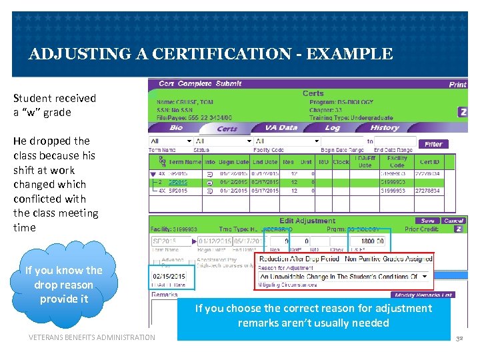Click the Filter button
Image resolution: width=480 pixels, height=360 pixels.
(x=433, y=143)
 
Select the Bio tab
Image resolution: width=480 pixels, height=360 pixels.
(x=176, y=127)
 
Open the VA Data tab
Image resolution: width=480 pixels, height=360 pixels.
(x=281, y=127)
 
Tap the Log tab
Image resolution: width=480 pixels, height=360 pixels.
(x=332, y=127)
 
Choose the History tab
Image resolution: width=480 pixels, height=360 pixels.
(x=385, y=127)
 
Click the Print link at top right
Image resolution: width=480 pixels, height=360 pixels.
(x=457, y=85)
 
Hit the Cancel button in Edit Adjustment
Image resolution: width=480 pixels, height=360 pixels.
(x=453, y=221)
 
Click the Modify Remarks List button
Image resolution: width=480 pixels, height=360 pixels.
(x=423, y=295)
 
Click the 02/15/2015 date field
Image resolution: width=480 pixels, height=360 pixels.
(x=169, y=276)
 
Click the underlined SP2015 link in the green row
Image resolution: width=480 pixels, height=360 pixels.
(x=178, y=181)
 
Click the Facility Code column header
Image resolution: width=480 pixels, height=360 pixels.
(x=397, y=161)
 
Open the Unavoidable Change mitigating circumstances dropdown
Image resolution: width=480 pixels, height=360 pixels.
(x=343, y=276)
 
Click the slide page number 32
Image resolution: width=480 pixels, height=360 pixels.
(x=459, y=339)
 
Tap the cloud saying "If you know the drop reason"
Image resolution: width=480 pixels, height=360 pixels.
(x=63, y=285)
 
